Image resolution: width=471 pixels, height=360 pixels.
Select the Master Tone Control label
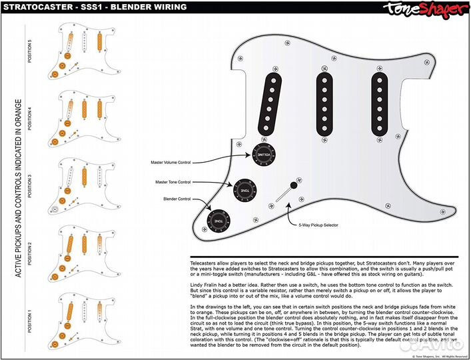pyautogui.click(x=173, y=182)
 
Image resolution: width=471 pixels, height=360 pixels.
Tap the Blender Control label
pyautogui.click(x=177, y=199)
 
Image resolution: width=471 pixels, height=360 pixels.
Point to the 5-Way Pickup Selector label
pyautogui.click(x=318, y=225)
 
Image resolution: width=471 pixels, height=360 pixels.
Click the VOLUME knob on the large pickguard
pyautogui.click(x=262, y=155)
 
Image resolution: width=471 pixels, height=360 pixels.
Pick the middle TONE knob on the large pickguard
pyautogui.click(x=244, y=189)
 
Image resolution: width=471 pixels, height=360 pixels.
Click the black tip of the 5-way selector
pyautogui.click(x=293, y=185)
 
